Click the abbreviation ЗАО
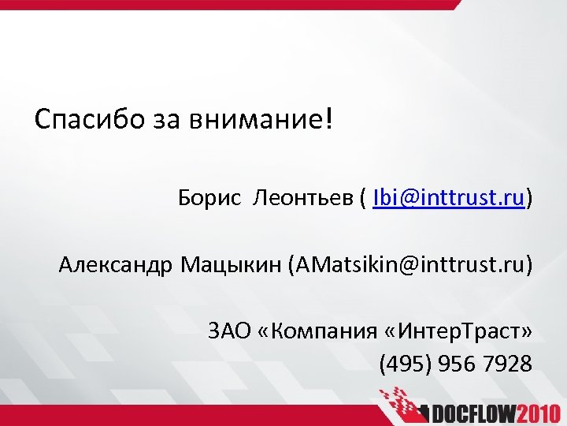[229, 331]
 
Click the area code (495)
[405, 364]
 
